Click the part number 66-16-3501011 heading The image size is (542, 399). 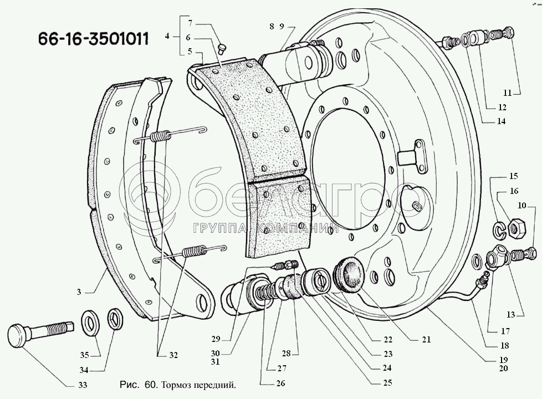click(93, 39)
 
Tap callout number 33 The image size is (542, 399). click(83, 385)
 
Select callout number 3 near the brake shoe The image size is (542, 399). click(79, 292)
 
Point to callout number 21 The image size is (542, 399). click(427, 340)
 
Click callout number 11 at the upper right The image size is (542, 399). click(507, 93)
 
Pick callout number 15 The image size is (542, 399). click(513, 176)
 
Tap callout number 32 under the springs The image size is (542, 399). click(173, 355)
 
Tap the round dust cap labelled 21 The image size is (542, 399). click(348, 273)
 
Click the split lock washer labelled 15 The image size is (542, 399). click(499, 231)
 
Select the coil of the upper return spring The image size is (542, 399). click(160, 136)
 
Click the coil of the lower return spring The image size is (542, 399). click(194, 250)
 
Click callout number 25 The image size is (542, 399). click(387, 383)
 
